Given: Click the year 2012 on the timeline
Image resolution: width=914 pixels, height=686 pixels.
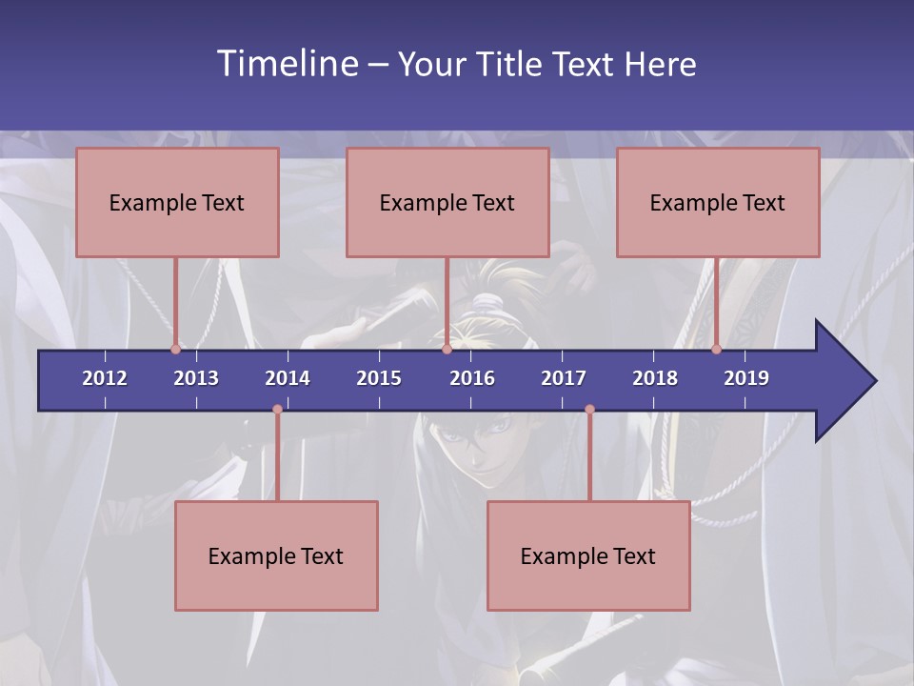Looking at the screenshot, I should click(x=105, y=378).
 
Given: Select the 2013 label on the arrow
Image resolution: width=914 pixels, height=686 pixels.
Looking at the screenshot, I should click(x=196, y=378).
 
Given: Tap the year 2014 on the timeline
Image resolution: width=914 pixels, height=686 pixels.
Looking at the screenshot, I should click(x=288, y=378).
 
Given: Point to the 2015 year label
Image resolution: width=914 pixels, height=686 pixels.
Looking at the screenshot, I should click(x=379, y=378).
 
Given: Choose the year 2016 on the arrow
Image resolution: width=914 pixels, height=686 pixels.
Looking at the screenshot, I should click(x=472, y=378).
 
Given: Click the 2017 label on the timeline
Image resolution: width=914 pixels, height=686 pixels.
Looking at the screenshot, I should click(x=564, y=378).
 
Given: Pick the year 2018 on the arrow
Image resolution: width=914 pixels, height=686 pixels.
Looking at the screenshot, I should click(x=655, y=378).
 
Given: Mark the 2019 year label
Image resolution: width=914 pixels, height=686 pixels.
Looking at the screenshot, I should click(x=746, y=378).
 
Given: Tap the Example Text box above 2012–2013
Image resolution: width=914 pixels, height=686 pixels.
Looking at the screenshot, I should click(x=177, y=202).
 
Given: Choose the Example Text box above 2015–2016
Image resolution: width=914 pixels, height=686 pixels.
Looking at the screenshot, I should click(x=447, y=202).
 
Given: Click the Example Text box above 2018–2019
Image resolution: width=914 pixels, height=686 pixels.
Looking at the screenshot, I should click(x=718, y=202).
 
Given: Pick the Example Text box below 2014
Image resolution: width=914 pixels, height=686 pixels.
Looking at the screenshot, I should click(x=276, y=555).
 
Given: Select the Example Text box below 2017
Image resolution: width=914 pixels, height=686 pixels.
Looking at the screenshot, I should click(x=588, y=555).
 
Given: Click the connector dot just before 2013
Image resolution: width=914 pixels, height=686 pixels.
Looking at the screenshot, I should click(x=175, y=349).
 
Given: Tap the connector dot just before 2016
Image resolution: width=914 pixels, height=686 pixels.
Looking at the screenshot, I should click(x=447, y=349).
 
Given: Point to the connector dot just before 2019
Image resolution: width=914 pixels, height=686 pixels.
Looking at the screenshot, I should click(x=716, y=349).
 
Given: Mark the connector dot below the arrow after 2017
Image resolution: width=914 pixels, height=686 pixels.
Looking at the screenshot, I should click(x=589, y=410).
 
